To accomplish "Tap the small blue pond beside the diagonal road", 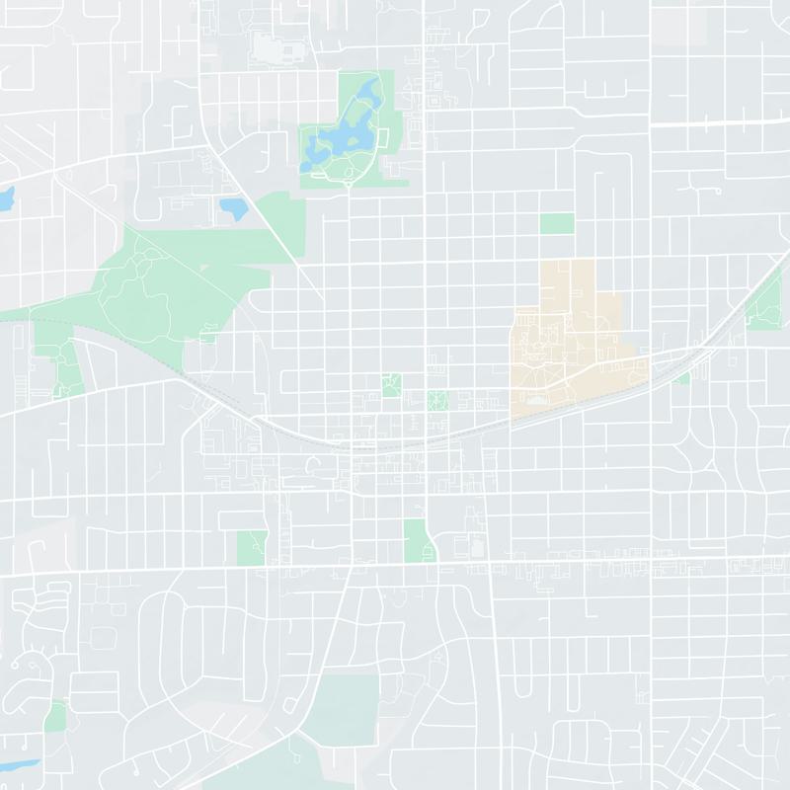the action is tap(233, 208).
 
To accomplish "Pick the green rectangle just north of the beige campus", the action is tap(557, 223).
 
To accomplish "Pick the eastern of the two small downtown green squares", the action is tap(437, 401).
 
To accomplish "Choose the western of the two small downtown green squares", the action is tap(392, 385).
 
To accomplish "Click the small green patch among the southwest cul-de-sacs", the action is tap(56, 716).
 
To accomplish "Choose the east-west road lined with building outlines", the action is tap(642, 567).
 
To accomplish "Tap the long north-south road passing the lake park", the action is tap(425, 247).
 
